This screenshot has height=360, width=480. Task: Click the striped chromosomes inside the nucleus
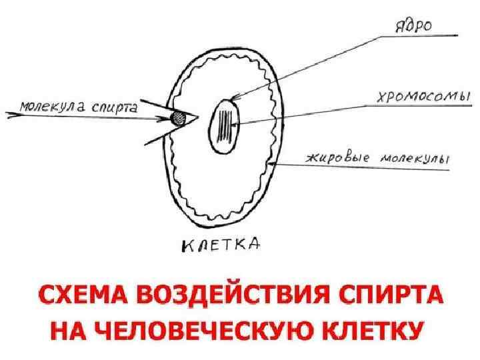tap(228, 124)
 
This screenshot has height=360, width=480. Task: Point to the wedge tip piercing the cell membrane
tap(197, 118)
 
